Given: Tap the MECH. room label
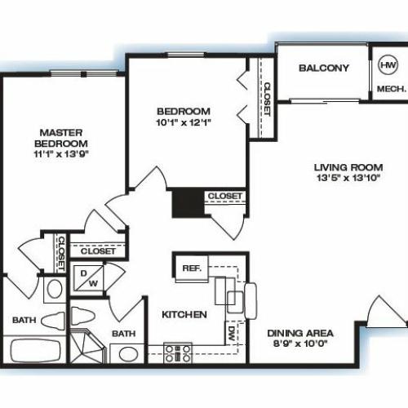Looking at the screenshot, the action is point(392,89).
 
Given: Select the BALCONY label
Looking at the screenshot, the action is point(324,68).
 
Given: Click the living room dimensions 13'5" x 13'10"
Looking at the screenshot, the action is point(348,178).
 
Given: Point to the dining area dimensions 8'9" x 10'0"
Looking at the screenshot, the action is point(300,344).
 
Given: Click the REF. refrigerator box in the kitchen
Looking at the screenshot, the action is point(192,268).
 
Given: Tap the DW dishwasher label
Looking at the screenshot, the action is point(231,334).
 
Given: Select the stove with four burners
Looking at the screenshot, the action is point(178,353).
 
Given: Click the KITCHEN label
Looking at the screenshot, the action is point(184,315).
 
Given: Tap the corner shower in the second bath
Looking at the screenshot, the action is point(86,346).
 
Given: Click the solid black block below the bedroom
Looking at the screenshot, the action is point(188,202).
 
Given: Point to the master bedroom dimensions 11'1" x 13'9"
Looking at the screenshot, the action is point(61,154).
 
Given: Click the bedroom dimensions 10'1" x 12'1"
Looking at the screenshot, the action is point(184,122).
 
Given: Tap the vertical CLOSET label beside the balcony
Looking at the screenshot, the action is point(267,100).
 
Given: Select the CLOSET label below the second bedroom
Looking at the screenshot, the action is point(225,196).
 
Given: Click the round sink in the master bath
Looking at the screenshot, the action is point(55,290).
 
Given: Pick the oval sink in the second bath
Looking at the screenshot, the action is point(127,353).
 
